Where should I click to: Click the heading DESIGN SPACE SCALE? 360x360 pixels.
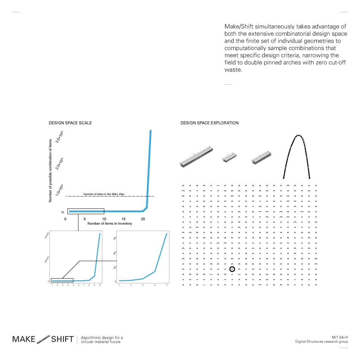pos(70,123)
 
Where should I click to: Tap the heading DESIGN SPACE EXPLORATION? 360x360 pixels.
pos(209,123)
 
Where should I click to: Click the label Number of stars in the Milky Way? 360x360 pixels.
pos(104,194)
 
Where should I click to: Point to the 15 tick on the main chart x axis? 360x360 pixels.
pos(123,219)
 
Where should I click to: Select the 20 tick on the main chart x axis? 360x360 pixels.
pos(143,219)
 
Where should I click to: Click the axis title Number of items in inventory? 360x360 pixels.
pos(110,224)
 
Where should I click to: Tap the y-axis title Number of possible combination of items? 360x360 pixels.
pos(50,171)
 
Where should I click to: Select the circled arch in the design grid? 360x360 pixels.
pos(232,269)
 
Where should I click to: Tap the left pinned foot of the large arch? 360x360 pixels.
pos(284,178)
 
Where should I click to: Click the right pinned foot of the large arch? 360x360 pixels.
pos(309,178)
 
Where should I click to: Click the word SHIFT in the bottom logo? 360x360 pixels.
pos(62,339)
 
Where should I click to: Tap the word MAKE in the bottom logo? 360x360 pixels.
pos(24,339)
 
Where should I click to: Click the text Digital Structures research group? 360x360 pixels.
pos(321,342)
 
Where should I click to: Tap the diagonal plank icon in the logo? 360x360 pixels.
pos(43,339)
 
